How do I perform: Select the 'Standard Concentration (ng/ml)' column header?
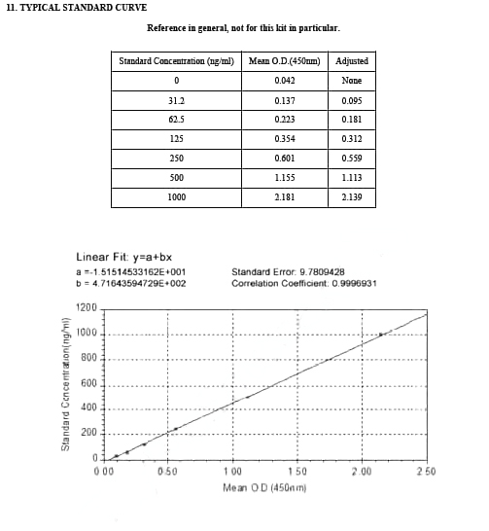click(176, 61)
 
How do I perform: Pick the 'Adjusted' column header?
click(351, 61)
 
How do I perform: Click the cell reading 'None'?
click(351, 81)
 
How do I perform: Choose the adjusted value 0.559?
click(351, 159)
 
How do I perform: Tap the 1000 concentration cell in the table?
click(176, 197)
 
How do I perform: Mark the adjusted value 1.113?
click(351, 178)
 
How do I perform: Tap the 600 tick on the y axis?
click(90, 384)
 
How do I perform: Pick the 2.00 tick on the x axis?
click(361, 472)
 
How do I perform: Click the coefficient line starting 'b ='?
click(130, 284)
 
